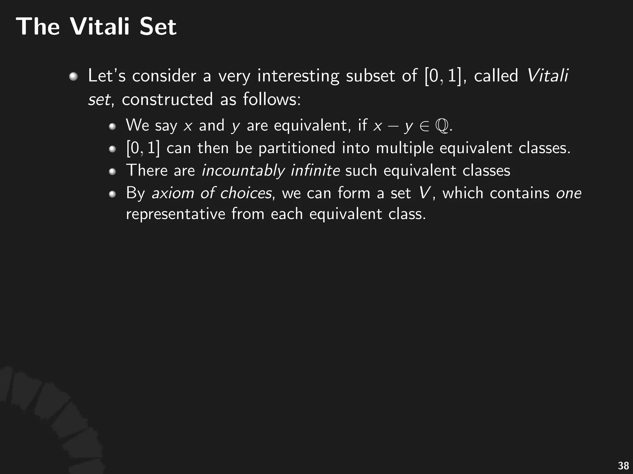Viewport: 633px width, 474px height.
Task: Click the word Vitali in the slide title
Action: coord(100,27)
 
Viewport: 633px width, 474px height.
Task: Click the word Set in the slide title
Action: coord(158,27)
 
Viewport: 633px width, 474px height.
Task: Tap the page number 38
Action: coord(623,465)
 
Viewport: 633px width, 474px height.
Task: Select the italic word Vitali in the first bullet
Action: coord(547,76)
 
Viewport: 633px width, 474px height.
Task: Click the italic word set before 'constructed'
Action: coord(99,100)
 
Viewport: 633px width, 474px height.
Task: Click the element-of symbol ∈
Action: coord(424,126)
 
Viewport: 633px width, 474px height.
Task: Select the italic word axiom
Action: coord(172,193)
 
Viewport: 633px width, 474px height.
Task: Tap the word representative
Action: coord(176,214)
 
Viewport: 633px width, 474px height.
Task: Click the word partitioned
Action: coord(297,148)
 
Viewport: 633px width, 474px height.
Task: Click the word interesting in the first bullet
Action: coord(298,76)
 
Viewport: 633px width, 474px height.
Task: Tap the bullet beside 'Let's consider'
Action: coord(73,76)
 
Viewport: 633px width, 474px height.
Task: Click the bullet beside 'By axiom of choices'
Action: coord(112,194)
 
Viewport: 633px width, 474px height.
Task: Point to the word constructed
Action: coord(167,100)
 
